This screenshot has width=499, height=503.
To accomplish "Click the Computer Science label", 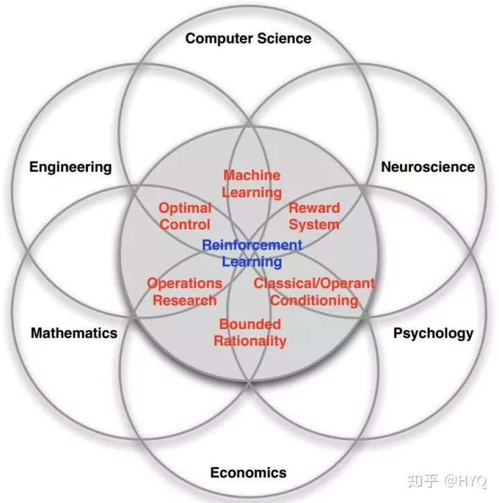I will click(248, 38).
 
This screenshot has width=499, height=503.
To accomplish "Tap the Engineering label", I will click(70, 167).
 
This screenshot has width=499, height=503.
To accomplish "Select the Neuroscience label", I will click(428, 167).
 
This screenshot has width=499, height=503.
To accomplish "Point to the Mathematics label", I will click(74, 333).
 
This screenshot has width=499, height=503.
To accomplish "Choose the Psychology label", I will click(433, 333).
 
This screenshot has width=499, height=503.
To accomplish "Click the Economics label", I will click(248, 473).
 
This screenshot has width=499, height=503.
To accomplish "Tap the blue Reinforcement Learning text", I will click(252, 254).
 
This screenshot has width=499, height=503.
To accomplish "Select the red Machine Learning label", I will click(252, 184).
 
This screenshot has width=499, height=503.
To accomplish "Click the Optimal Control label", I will click(185, 216).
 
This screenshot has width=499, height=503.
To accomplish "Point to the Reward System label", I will click(314, 216).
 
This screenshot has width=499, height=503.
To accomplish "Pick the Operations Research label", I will click(184, 292).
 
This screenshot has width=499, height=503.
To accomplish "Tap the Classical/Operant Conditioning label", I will click(314, 292).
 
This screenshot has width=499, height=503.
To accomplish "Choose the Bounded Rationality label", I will click(249, 333).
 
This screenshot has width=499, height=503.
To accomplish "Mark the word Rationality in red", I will click(249, 341).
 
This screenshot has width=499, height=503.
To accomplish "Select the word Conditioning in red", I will click(314, 300).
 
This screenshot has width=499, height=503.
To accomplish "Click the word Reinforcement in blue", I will click(252, 245).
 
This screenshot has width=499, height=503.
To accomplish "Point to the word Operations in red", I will click(184, 283).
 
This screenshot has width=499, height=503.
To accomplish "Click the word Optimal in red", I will click(185, 208).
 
